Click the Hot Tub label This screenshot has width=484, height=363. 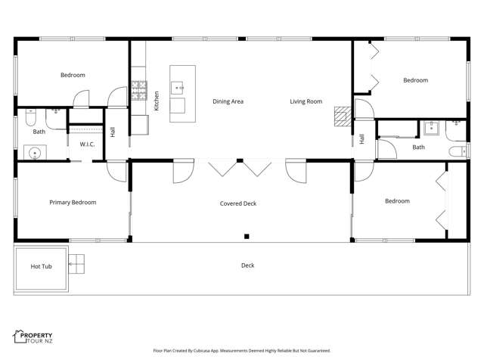tap(41, 266)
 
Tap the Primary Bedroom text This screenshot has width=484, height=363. tap(73, 202)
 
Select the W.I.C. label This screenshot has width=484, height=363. tap(86, 144)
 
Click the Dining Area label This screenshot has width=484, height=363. tap(228, 101)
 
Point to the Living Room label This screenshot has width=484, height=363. tap(306, 101)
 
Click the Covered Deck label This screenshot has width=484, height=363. tap(238, 203)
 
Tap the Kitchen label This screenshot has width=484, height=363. tap(157, 101)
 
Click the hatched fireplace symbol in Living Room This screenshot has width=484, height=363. tap(343, 114)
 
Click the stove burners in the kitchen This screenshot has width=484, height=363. tap(138, 92)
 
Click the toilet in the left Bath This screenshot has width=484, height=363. tap(29, 117)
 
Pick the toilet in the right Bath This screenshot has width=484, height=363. tap(456, 152)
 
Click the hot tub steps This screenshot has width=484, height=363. tap(76, 264)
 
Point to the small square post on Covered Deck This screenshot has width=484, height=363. tap(247, 236)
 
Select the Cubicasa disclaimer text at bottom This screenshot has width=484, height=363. tap(241, 351)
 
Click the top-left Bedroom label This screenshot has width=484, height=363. tap(73, 75)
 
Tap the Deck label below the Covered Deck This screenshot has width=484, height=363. tap(247, 265)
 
